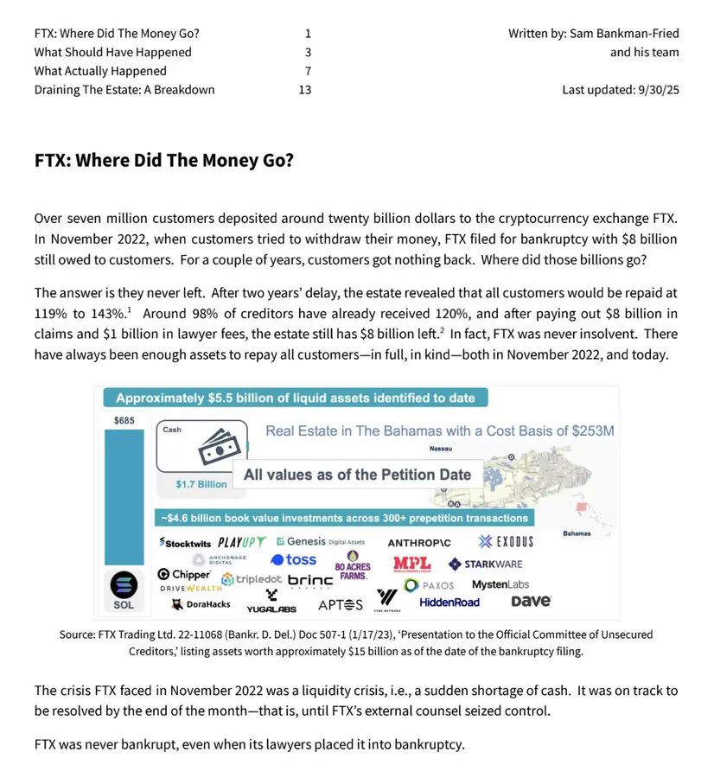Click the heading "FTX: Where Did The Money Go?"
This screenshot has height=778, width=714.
pos(163,162)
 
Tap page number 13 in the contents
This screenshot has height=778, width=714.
pos(304,89)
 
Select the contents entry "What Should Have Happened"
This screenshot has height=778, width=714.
pos(113,52)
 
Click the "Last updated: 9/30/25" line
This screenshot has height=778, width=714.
pos(620,89)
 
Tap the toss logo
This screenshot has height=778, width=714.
pos(294,560)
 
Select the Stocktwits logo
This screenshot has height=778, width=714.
pos(185,543)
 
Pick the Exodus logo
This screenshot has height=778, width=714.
pos(506,542)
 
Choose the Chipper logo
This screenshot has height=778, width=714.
pos(183,574)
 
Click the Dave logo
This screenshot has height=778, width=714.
pos(531,601)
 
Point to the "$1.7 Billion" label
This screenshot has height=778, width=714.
pos(201,484)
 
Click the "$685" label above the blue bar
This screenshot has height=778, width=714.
pos(124,420)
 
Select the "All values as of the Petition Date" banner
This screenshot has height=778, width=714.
pos(357,475)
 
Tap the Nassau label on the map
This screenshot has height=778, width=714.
pos(441,449)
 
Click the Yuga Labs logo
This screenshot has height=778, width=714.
pos(271,603)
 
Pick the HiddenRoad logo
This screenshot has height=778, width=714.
pos(449,603)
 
